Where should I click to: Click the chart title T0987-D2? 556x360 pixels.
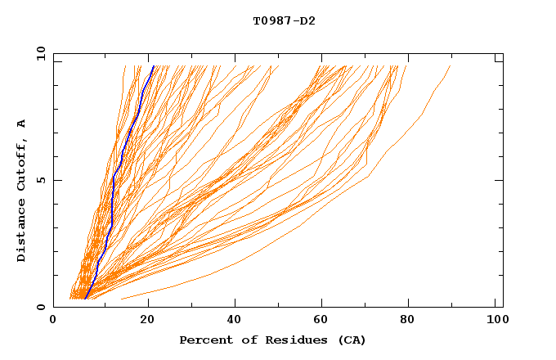(x=284, y=20)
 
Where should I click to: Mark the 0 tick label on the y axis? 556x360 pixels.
(x=40, y=307)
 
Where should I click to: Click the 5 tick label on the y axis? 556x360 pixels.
(x=40, y=180)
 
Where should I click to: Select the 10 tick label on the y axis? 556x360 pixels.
(x=38, y=53)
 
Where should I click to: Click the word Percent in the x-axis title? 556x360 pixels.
(x=204, y=340)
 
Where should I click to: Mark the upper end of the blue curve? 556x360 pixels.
(x=153, y=66)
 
